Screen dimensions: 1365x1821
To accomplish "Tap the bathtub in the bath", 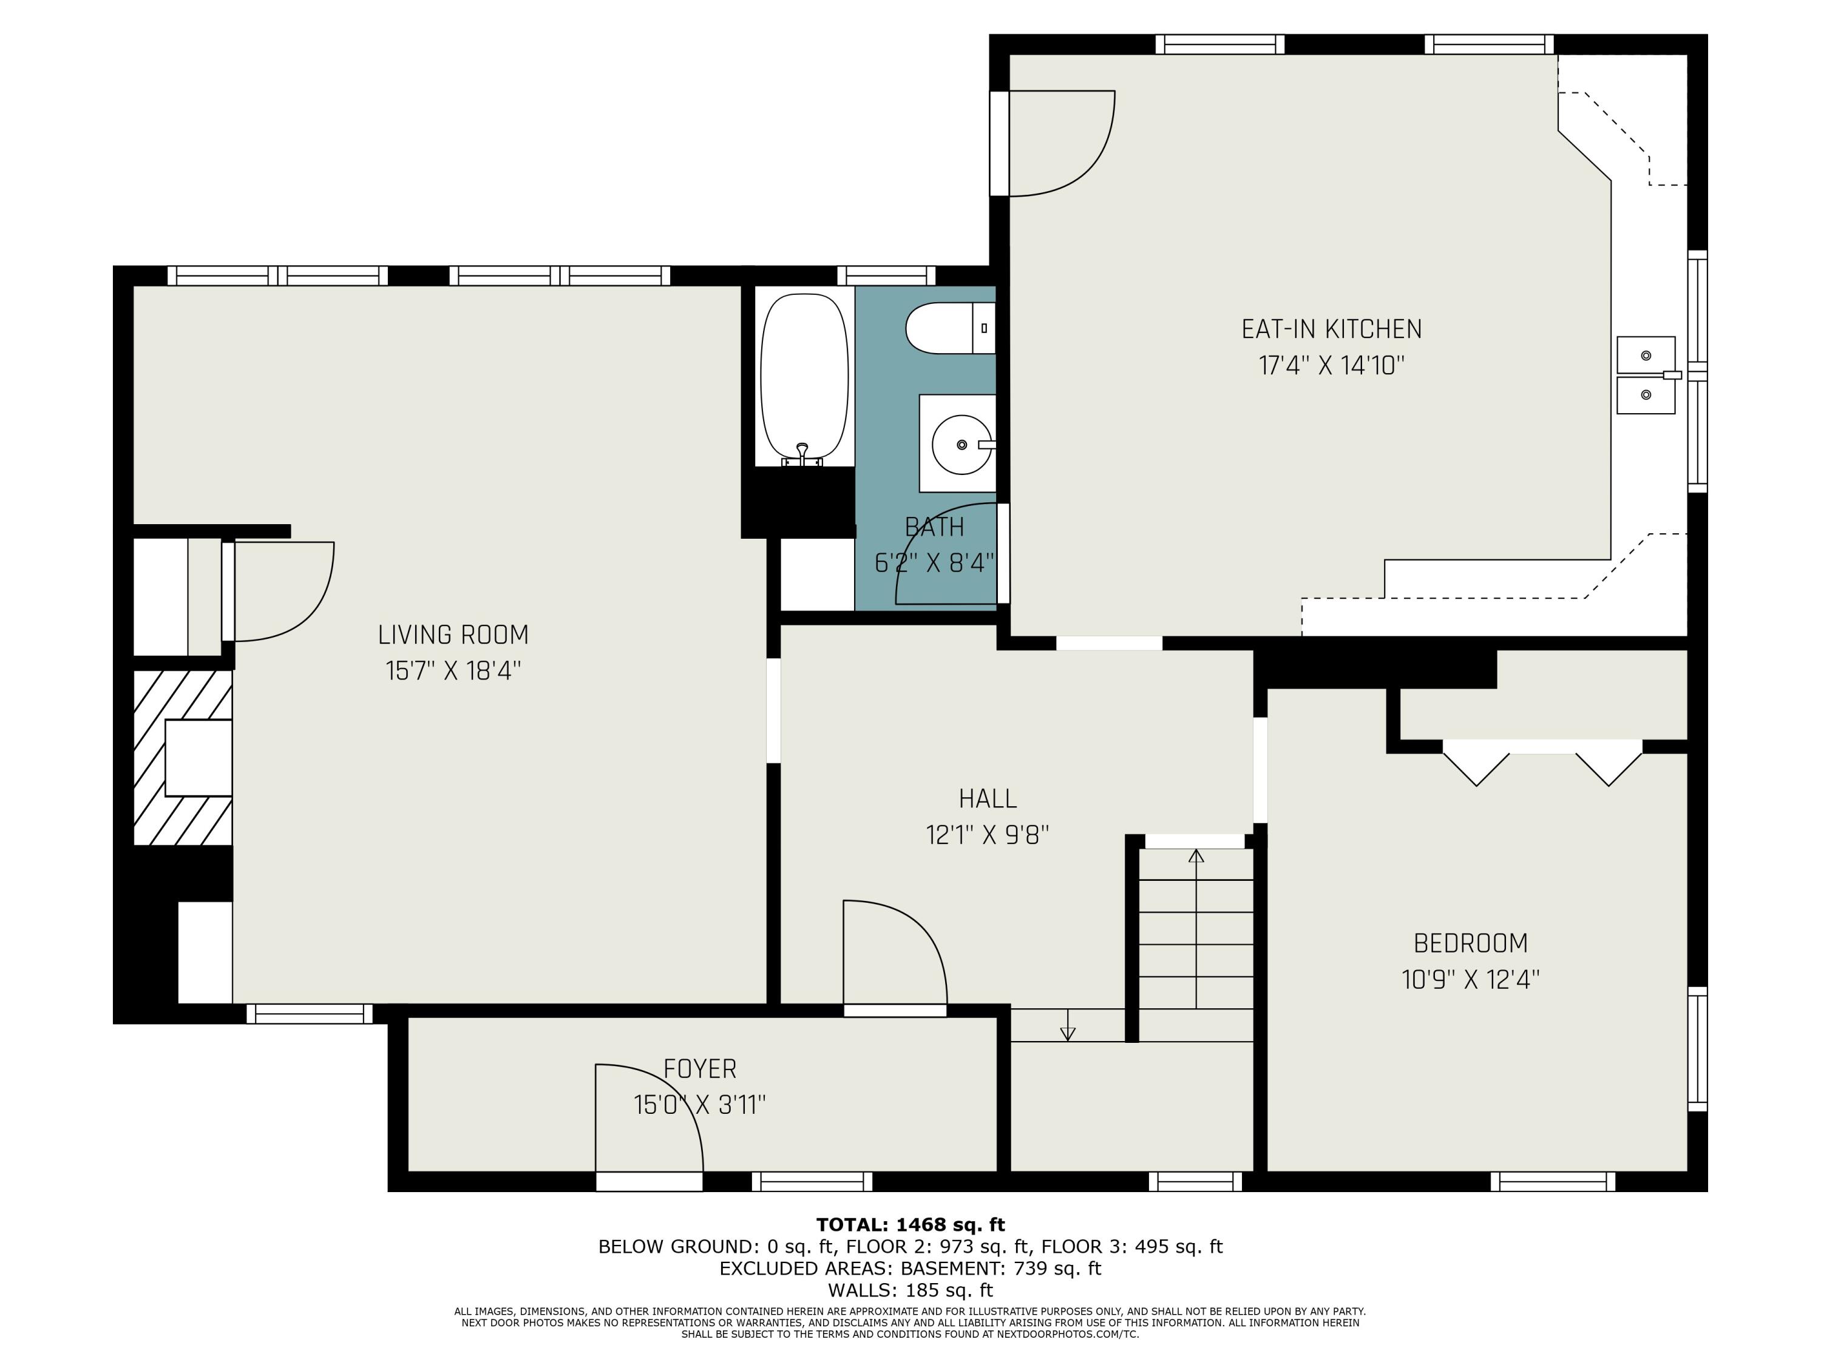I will (x=804, y=379).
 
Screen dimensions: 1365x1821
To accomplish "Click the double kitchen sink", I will (x=1646, y=375).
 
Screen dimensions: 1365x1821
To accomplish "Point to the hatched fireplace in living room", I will (x=183, y=757).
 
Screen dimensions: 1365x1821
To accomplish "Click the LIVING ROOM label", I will (x=453, y=635).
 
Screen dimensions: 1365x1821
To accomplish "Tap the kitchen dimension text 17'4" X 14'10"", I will (x=1331, y=365).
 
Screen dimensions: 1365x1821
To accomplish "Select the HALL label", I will (x=987, y=798).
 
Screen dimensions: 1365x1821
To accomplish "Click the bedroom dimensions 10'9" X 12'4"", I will (x=1470, y=980).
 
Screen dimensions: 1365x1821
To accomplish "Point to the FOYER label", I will (x=700, y=1069).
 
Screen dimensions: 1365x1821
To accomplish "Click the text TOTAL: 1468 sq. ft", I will (x=910, y=1225).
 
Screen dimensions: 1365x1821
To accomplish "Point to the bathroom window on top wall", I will (x=887, y=275).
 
